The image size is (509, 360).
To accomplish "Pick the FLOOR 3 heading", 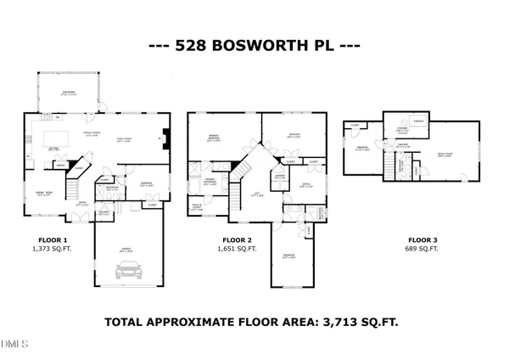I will coord(421,239).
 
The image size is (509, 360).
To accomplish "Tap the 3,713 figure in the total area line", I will coord(323,322).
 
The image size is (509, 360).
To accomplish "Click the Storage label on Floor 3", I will coord(401,131).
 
